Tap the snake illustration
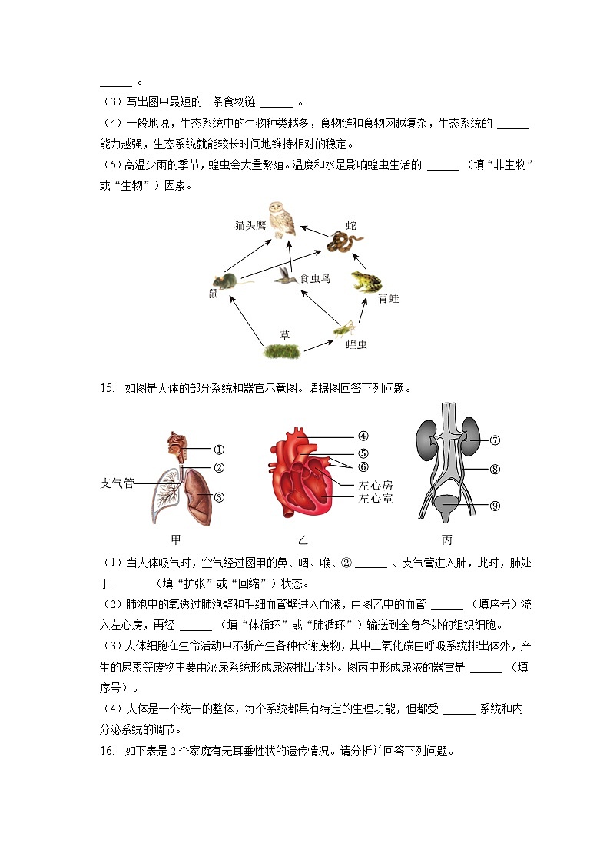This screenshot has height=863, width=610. [343, 243]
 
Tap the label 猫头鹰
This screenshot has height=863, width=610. [250, 225]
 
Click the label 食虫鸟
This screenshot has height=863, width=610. [315, 278]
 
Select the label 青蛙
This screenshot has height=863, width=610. [389, 298]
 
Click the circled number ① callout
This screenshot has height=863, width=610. [219, 450]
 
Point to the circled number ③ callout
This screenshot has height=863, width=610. [219, 497]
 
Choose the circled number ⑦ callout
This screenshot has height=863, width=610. [495, 440]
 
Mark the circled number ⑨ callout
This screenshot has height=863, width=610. [495, 505]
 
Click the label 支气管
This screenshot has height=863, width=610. [117, 483]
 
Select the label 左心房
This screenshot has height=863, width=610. [376, 485]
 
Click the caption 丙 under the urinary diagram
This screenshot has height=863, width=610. [447, 540]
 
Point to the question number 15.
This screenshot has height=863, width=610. [107, 388]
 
